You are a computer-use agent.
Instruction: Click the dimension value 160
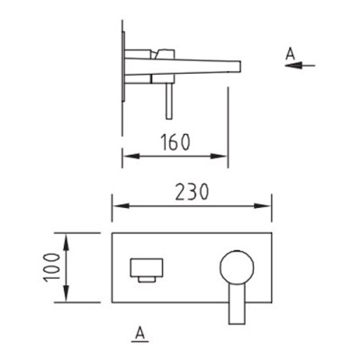(175, 142)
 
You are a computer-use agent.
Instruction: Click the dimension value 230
(192, 192)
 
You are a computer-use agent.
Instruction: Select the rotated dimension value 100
(51, 267)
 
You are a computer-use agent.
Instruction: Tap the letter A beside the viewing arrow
(291, 55)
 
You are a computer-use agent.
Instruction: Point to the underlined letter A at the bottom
(139, 334)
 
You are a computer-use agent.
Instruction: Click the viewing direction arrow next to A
(300, 65)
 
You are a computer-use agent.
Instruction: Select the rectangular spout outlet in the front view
(147, 267)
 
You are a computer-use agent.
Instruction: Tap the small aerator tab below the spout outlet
(147, 279)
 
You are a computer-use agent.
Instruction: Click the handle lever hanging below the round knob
(237, 303)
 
